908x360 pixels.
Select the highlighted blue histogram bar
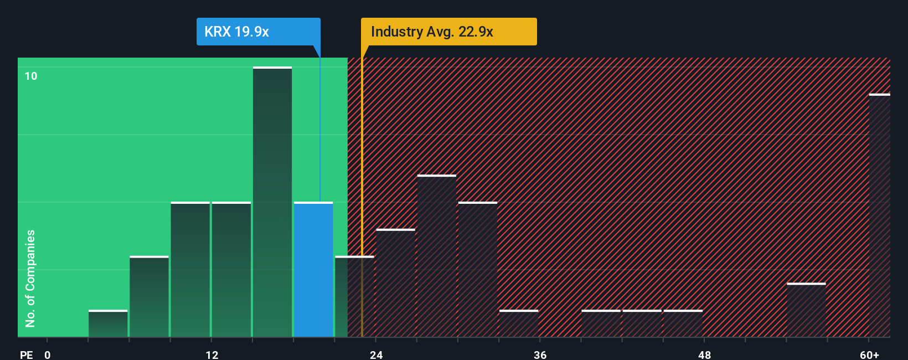313,269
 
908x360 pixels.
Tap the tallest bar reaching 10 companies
272,202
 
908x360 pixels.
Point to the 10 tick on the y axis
31,76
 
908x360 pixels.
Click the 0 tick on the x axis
48,354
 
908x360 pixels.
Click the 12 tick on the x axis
211,354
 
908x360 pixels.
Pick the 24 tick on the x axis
376,354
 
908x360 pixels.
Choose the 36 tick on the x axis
540,354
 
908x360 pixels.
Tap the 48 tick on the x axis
704,354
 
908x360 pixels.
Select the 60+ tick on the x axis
869,354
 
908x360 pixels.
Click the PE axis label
26,354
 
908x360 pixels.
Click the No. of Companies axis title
30,278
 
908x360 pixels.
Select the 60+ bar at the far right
879,216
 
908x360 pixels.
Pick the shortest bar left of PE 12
108,323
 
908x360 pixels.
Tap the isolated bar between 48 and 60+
806,310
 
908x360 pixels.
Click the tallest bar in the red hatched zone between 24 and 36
437,256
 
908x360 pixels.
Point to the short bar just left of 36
519,323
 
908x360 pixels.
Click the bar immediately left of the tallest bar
231,269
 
